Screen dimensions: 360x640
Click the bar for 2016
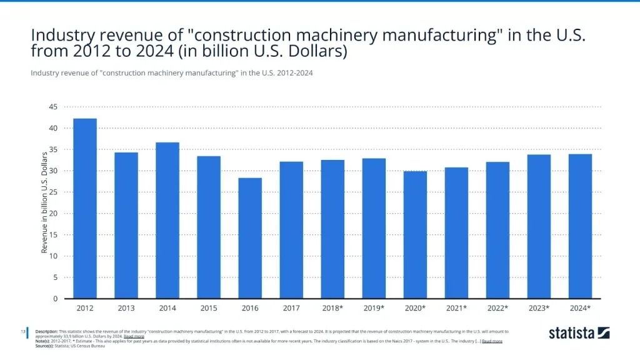[250, 238]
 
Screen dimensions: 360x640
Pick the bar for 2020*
[415, 234]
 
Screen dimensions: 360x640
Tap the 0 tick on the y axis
[56, 299]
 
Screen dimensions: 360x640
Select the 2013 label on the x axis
[126, 309]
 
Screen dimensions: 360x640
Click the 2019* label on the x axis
[374, 309]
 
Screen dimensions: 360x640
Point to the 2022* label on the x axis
[497, 309]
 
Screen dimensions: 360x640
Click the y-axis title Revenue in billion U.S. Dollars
[44, 202]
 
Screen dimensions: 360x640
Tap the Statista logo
[579, 333]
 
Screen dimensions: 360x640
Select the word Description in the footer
[46, 331]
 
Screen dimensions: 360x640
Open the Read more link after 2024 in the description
[134, 336]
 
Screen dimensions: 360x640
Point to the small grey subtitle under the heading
[171, 73]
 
